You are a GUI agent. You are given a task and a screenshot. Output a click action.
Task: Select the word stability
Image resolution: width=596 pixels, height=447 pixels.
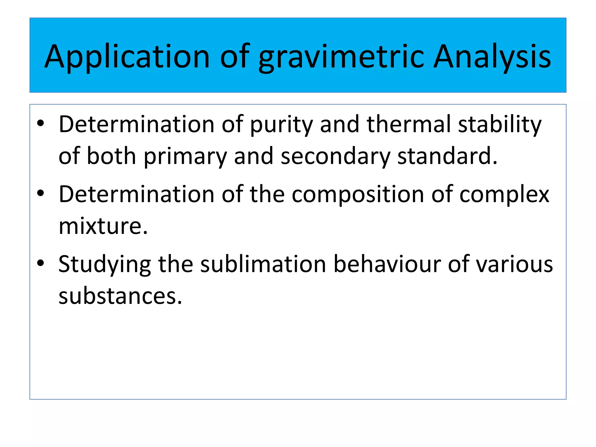[x=500, y=125]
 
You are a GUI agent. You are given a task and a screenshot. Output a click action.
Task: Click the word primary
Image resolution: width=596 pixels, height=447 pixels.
[x=185, y=156]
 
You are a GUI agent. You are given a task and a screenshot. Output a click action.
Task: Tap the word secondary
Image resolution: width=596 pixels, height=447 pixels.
[x=335, y=156]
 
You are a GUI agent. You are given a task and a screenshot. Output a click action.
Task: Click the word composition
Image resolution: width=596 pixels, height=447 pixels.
[x=358, y=194]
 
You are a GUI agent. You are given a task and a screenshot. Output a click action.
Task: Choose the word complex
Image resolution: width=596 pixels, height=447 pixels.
[x=504, y=194]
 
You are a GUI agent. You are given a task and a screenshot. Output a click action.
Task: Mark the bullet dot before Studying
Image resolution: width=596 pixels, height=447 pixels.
[x=40, y=263]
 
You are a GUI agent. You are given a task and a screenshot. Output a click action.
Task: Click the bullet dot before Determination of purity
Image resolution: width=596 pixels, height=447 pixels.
[x=40, y=123]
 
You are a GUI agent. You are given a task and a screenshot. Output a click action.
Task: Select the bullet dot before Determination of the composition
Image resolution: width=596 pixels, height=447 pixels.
[x=40, y=193]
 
